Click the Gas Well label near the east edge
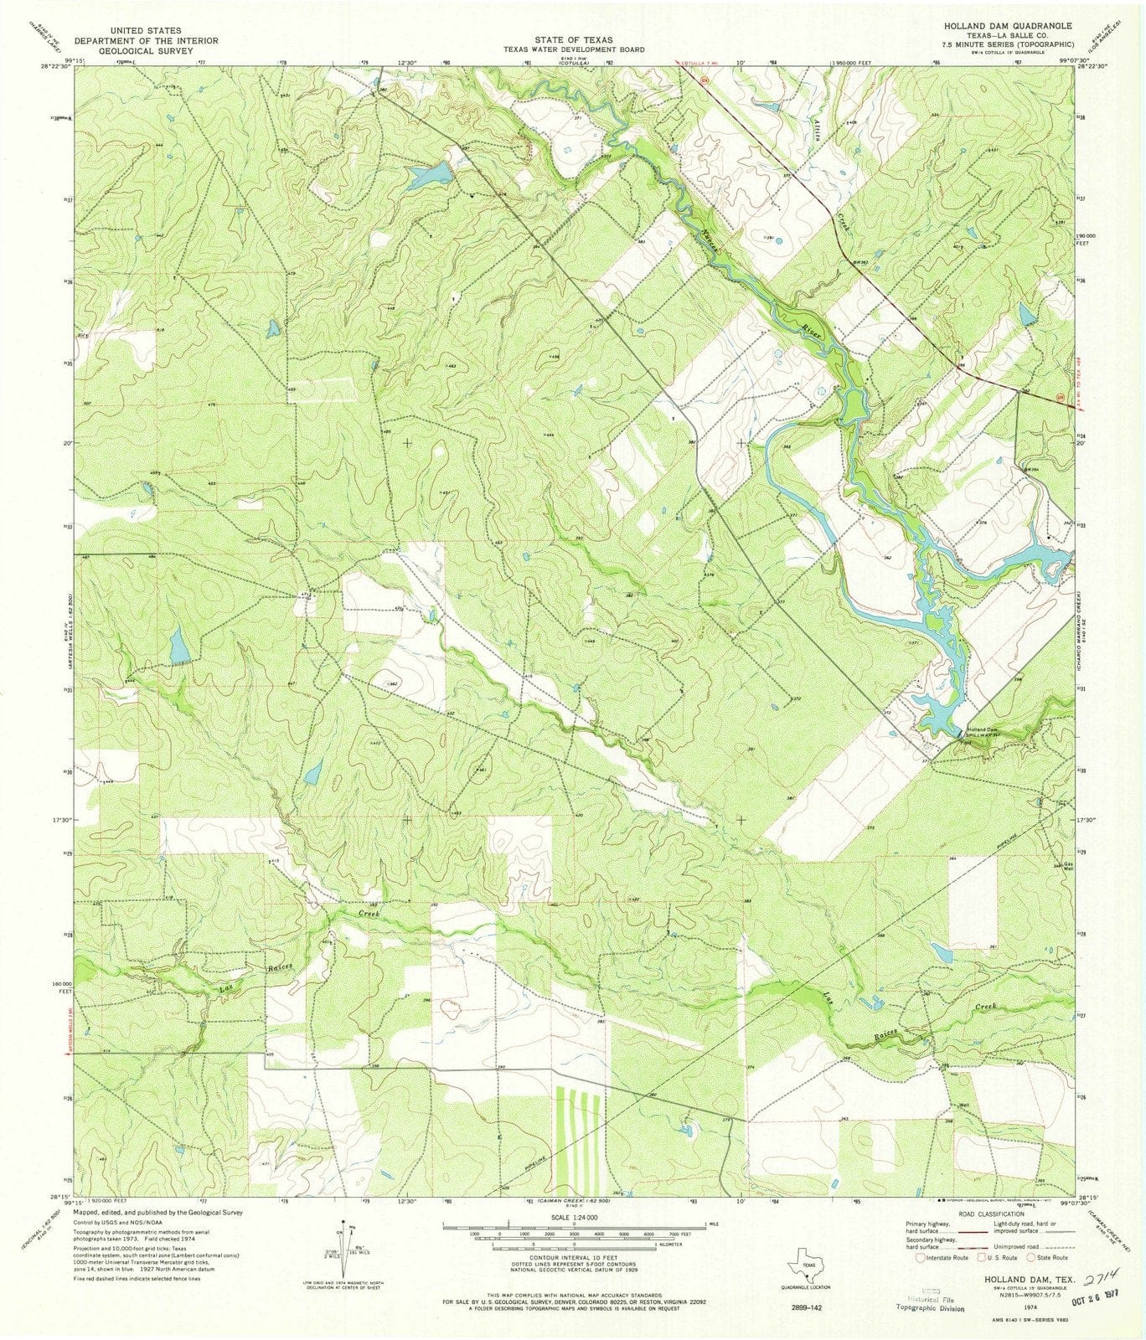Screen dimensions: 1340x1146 pos(1067,867)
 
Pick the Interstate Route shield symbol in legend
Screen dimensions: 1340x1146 pos(922,1257)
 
